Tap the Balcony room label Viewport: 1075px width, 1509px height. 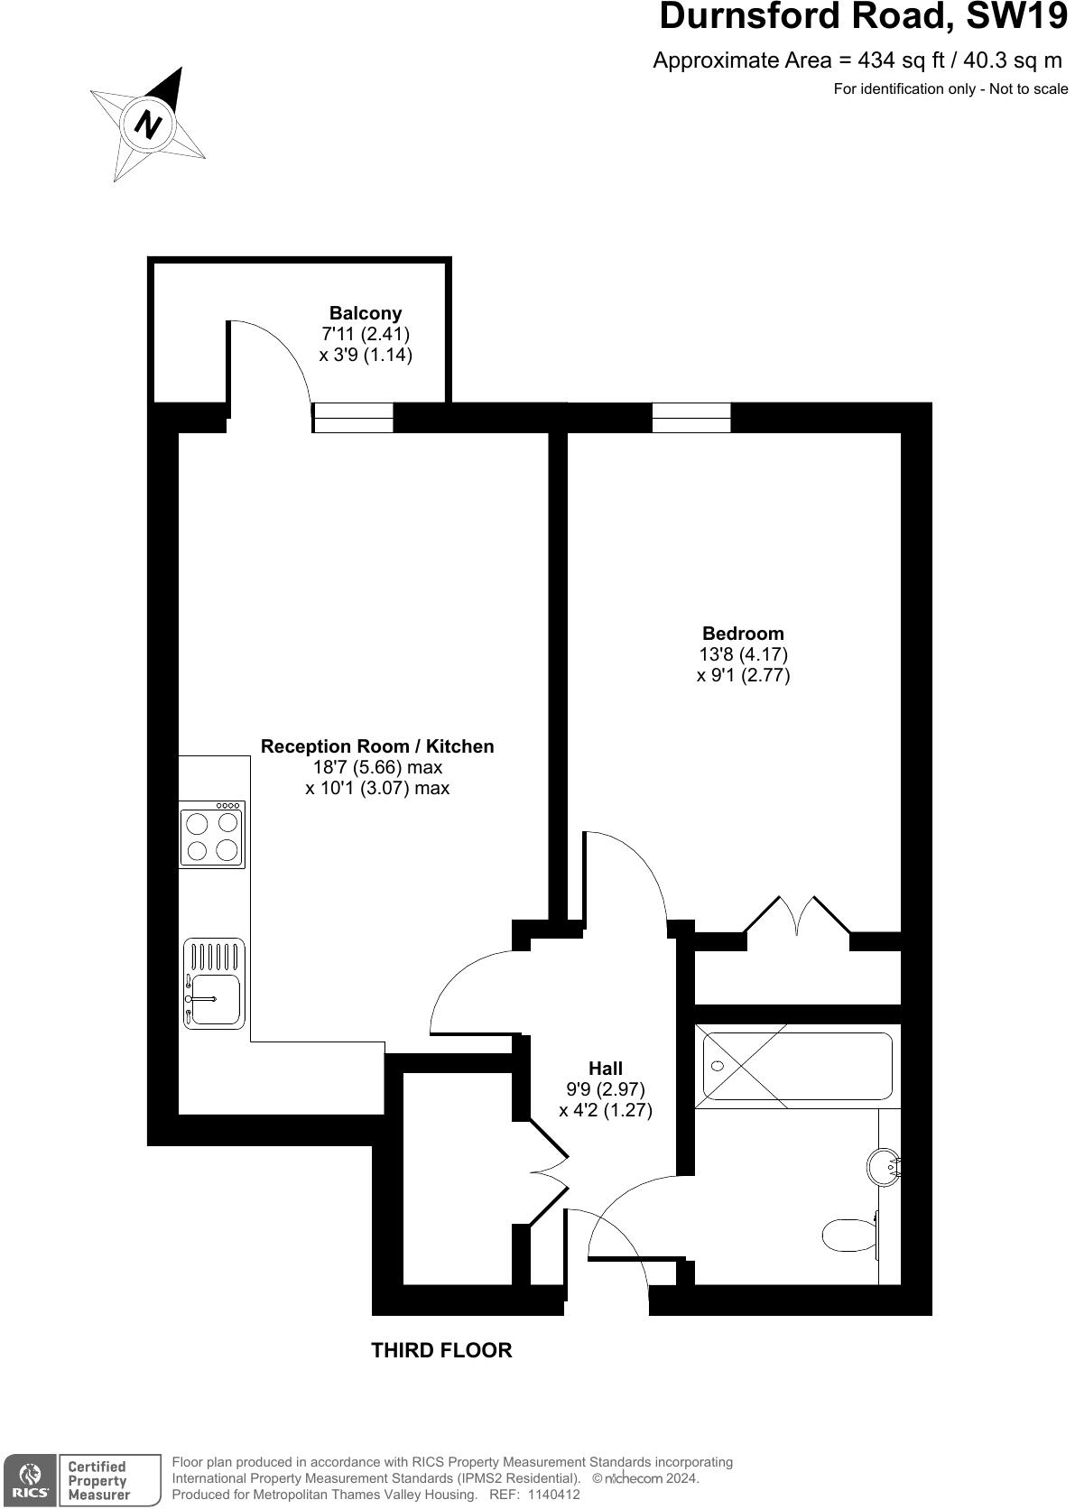click(365, 313)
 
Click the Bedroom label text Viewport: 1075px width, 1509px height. click(743, 634)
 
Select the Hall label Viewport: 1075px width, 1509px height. click(606, 1069)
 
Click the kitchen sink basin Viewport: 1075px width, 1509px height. click(215, 999)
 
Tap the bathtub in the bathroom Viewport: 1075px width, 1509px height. click(795, 1066)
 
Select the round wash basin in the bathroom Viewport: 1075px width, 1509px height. click(884, 1168)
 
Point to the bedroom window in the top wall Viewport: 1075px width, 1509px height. click(690, 417)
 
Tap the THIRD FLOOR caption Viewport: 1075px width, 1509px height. click(441, 1350)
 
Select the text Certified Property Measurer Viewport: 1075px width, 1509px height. click(99, 1480)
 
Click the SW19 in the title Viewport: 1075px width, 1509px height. click(1016, 17)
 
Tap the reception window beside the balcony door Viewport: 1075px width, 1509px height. click(353, 418)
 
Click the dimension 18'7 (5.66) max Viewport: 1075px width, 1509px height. click(377, 767)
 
